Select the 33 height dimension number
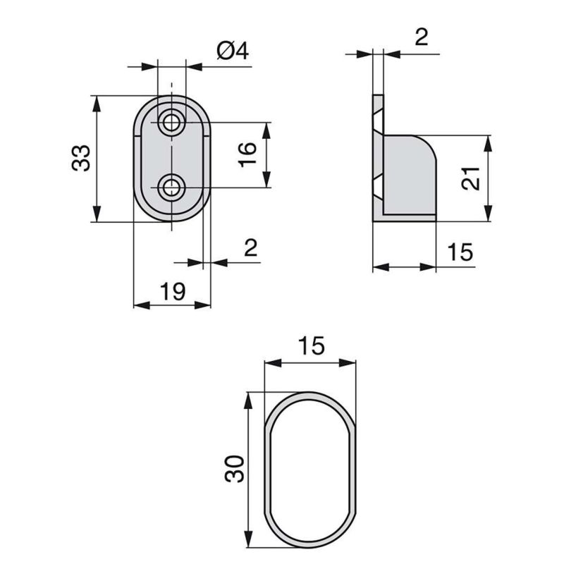[81, 157]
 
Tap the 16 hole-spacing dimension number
[246, 154]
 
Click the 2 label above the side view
[421, 37]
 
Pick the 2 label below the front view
[250, 247]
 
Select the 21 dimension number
[472, 179]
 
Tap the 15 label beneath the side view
[459, 252]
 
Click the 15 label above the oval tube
[310, 346]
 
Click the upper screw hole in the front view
[170, 122]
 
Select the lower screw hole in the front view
[170, 188]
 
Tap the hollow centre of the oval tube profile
[310, 469]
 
